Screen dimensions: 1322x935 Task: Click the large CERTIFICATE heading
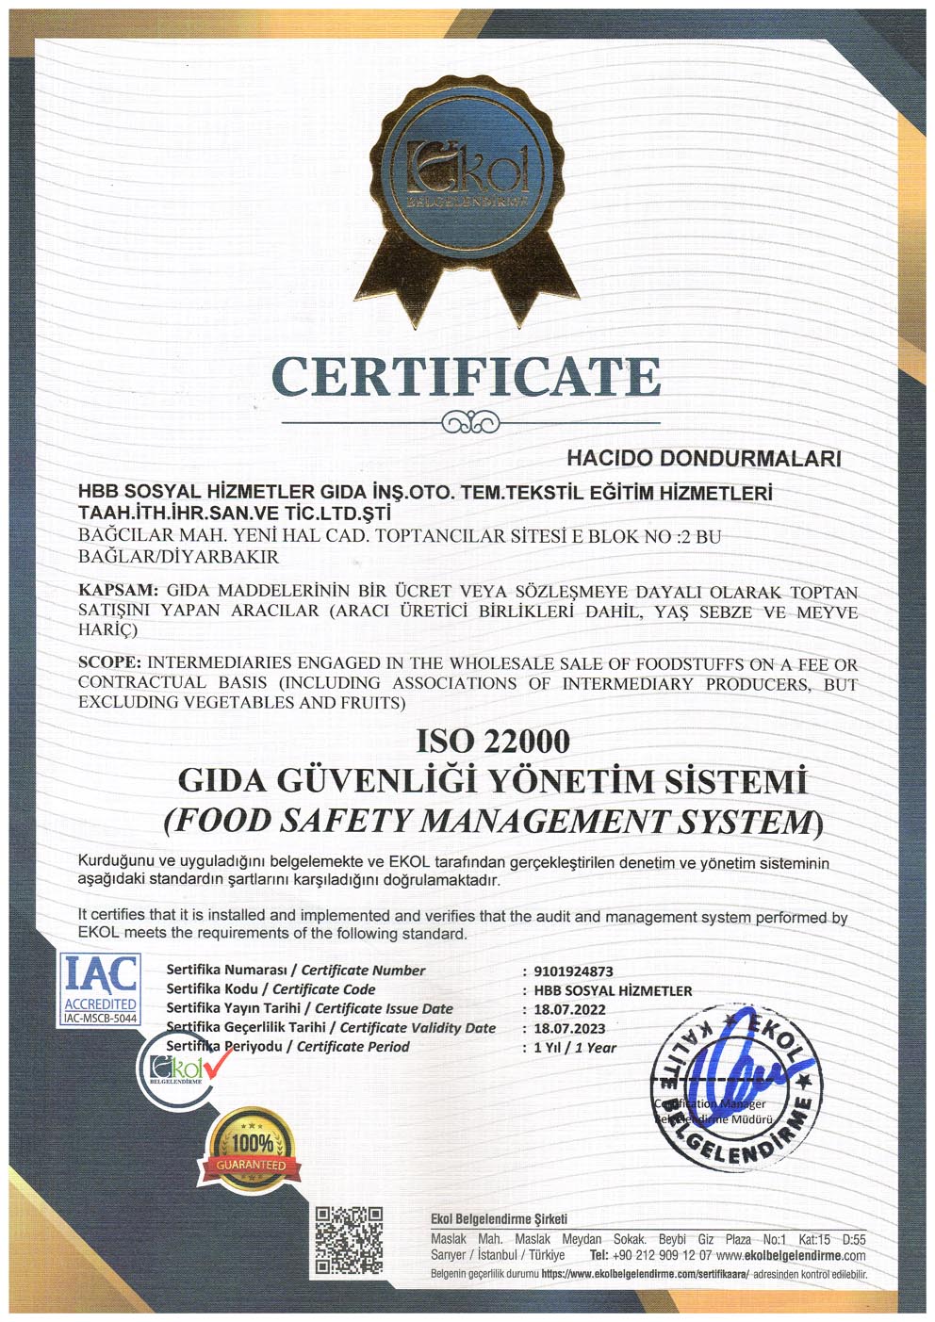click(x=467, y=377)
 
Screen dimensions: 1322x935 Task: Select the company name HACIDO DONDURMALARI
click(x=703, y=459)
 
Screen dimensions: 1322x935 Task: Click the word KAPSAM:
click(x=119, y=591)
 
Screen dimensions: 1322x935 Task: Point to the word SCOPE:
click(x=110, y=663)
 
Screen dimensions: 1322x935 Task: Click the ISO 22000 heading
click(x=493, y=741)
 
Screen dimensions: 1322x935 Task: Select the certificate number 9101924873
click(x=573, y=971)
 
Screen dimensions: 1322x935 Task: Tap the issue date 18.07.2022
click(x=569, y=1009)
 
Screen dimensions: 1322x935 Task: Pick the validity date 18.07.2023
click(x=569, y=1028)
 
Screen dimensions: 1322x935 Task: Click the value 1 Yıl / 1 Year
click(x=575, y=1047)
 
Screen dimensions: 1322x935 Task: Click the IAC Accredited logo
click(x=100, y=987)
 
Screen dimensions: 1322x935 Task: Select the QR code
click(x=349, y=1241)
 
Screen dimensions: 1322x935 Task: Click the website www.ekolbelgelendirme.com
click(x=791, y=1255)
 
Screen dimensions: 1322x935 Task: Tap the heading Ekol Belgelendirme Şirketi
click(x=499, y=1218)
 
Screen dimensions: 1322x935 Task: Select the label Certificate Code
click(x=323, y=989)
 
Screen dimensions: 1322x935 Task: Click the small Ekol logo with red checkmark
click(x=182, y=1067)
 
